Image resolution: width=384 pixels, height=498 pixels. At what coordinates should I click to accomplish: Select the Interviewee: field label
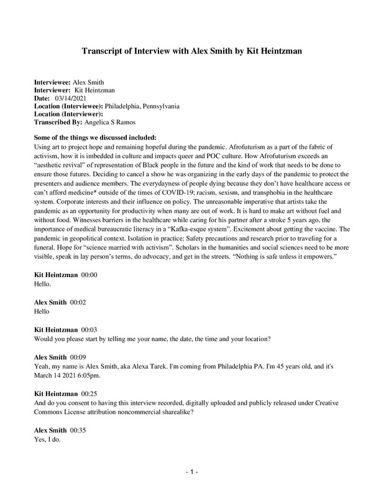coord(52,82)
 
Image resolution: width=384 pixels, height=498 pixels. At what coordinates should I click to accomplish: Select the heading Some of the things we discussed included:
coord(94,138)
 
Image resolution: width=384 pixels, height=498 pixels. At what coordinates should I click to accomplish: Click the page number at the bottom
coord(192,474)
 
